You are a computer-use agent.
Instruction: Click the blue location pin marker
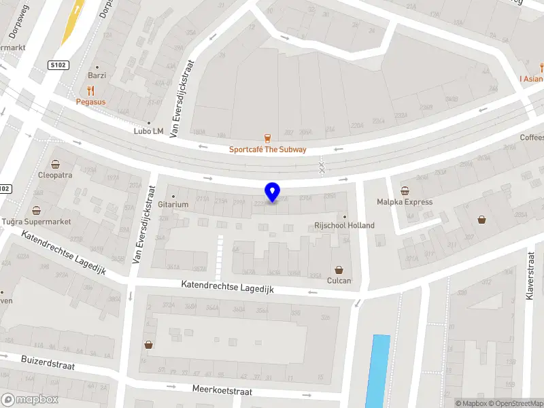coord(272,192)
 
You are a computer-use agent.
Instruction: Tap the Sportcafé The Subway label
coord(267,150)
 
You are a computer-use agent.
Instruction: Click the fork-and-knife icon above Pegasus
coord(90,90)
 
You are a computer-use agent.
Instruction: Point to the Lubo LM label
coord(149,131)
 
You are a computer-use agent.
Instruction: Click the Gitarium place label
coord(173,204)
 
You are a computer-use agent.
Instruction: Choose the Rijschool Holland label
coord(344,225)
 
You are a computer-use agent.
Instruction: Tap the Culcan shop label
coord(339,280)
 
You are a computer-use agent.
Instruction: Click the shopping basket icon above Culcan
coord(339,269)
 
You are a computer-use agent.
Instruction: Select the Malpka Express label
coord(405,202)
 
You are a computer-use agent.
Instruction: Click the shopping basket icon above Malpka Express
coord(405,191)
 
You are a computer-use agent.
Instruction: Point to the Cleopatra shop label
coord(55,174)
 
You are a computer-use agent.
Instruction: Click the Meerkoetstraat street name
coord(222,392)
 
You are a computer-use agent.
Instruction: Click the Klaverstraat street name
coord(530,278)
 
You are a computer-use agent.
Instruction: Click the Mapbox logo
coord(30,400)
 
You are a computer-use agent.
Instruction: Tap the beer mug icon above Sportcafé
coord(267,138)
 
